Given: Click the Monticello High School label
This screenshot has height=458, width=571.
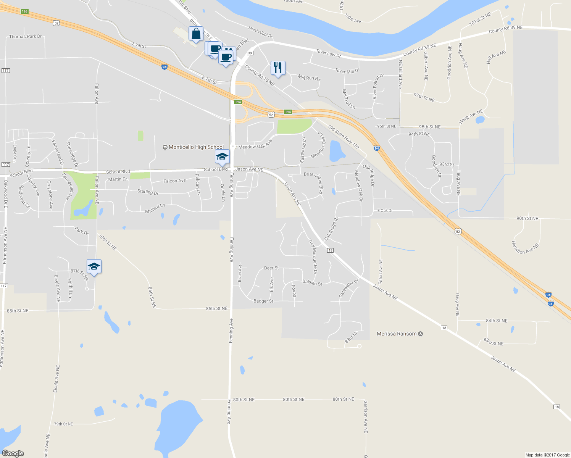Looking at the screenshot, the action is click(x=196, y=147).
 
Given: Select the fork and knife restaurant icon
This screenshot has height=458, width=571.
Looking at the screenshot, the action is click(x=278, y=68).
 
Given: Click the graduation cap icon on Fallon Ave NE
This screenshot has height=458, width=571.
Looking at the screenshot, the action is click(x=94, y=267).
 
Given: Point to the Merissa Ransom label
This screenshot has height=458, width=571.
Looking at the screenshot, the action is click(x=397, y=334).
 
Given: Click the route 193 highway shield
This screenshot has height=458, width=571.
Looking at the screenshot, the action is click(x=25, y=11).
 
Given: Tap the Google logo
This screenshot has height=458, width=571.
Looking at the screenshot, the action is click(x=13, y=453).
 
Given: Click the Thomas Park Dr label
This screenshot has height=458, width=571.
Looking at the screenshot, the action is click(x=25, y=37).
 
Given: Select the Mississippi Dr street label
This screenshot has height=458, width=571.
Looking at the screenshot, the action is click(x=260, y=32).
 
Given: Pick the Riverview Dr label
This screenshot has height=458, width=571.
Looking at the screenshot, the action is click(x=328, y=54).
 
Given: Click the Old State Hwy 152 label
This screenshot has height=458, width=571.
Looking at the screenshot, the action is click(x=344, y=137).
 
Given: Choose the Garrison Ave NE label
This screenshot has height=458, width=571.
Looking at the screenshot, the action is click(x=366, y=416).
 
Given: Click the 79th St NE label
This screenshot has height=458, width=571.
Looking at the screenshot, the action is click(x=63, y=424).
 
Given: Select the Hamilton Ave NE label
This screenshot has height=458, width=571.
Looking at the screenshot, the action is click(x=526, y=248).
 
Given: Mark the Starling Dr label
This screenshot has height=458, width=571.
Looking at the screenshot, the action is click(x=148, y=192).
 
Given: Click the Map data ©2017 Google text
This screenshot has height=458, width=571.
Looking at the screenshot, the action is click(x=547, y=455).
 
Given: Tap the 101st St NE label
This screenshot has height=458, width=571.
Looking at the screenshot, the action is click(x=480, y=19).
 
